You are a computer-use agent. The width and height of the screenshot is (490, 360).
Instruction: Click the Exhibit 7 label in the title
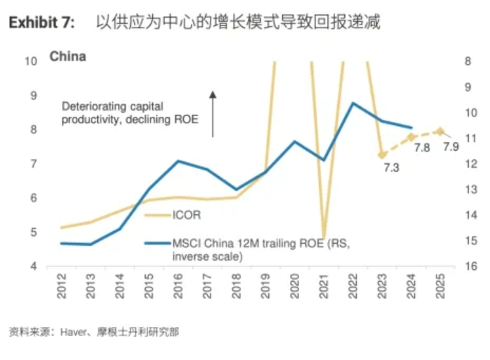click(41, 23)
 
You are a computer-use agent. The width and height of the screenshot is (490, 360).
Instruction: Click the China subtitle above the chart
click(68, 56)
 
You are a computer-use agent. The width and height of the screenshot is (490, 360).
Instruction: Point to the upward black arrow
click(213, 113)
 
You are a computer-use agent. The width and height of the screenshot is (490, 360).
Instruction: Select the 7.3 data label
click(391, 168)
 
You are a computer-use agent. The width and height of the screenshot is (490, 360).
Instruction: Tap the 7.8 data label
click(422, 148)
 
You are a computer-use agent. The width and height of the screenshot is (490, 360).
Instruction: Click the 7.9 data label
click(451, 147)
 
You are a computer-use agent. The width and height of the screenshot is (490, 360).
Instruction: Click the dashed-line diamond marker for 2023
click(382, 154)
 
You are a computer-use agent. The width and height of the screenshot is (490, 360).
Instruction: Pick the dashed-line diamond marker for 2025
click(440, 131)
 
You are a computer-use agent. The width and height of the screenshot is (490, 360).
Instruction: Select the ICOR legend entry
click(186, 215)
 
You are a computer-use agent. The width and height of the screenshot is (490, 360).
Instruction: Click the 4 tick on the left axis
click(33, 266)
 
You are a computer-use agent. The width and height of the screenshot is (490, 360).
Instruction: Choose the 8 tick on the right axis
click(468, 61)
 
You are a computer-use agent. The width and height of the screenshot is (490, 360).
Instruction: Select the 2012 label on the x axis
click(62, 286)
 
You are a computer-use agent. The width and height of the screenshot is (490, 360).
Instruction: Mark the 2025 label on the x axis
click(440, 286)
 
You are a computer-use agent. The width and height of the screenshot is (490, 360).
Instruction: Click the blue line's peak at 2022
click(353, 104)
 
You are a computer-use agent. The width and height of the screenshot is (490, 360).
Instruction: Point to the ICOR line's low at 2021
click(323, 238)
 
